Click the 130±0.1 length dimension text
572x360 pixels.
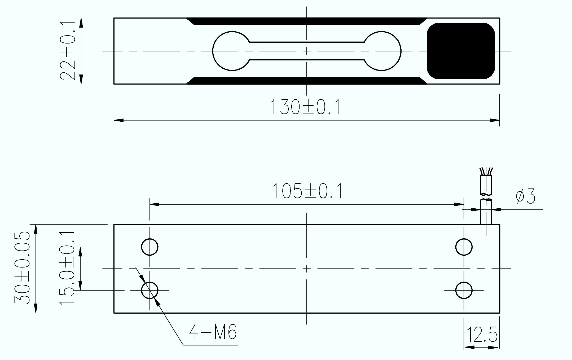[305, 107]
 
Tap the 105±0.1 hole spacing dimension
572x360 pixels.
[307, 191]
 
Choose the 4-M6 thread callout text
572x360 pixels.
[213, 332]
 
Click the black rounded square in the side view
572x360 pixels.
[461, 51]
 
